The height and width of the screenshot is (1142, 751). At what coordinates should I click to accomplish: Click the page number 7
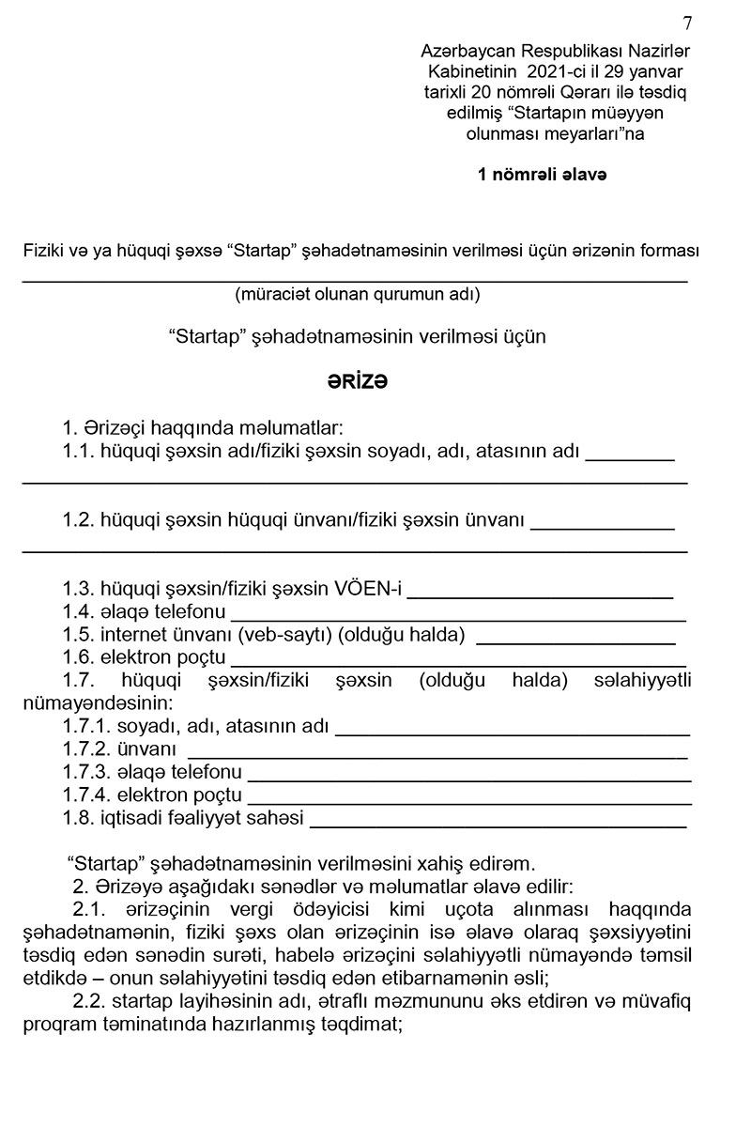pos(688,23)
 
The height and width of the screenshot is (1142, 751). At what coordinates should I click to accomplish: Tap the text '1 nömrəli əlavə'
pos(542,174)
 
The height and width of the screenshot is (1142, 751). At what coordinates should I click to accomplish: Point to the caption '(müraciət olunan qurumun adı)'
pos(358,295)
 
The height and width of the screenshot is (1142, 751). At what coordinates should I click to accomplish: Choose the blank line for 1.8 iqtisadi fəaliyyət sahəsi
pos(498,824)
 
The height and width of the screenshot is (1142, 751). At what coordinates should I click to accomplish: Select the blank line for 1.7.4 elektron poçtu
pos(468,801)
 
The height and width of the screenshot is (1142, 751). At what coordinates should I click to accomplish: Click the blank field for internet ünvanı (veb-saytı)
pos(576,640)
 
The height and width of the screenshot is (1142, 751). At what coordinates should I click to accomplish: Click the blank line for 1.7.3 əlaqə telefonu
pos(468,778)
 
